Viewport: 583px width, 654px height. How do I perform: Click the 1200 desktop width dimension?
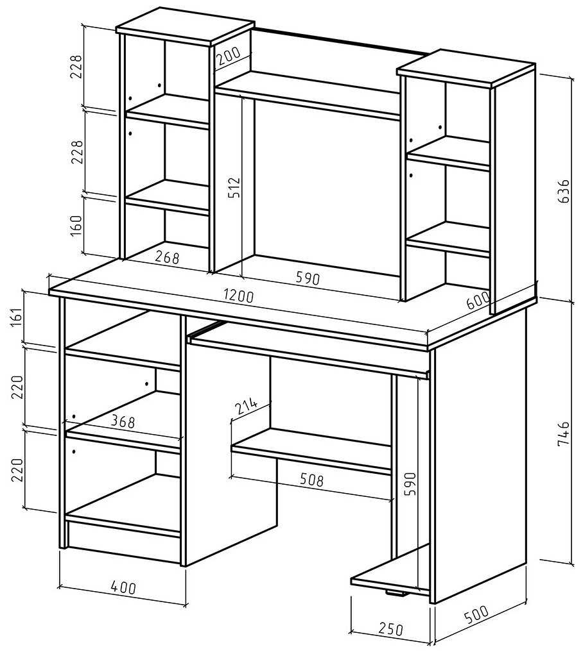pos(239,296)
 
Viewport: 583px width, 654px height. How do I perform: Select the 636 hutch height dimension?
pos(562,190)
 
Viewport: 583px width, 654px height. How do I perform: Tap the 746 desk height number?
pos(563,434)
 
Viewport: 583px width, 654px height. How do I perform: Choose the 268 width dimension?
pos(167,258)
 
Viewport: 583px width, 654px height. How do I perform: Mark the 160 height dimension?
pos(76,226)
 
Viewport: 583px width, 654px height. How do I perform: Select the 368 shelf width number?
pos(122,421)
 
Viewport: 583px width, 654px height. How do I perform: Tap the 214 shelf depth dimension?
pos(247,405)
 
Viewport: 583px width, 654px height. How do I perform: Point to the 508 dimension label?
pos(310,479)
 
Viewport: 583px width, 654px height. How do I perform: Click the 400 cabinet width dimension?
pos(123,586)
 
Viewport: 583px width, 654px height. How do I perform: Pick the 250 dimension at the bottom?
pos(390,629)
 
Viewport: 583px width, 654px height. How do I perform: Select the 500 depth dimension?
pos(476,615)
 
